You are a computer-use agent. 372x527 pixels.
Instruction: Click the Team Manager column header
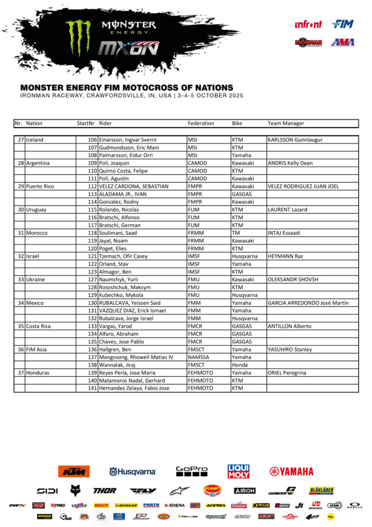point(285,124)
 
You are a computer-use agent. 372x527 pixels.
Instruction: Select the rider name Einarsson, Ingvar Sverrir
point(128,140)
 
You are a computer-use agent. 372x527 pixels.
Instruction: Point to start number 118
point(92,233)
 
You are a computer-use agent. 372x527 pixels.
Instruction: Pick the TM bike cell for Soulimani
point(236,233)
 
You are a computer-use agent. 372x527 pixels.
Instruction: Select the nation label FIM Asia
point(37,349)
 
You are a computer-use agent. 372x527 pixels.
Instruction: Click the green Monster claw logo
point(78,38)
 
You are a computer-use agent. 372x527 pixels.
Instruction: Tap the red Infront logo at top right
point(308,24)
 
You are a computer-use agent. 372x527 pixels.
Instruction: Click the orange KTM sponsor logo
point(74,471)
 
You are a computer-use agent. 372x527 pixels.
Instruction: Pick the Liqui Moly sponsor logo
point(239,471)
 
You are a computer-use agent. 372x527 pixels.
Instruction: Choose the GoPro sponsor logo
point(192,471)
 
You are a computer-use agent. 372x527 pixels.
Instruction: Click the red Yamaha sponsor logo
point(291,471)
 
